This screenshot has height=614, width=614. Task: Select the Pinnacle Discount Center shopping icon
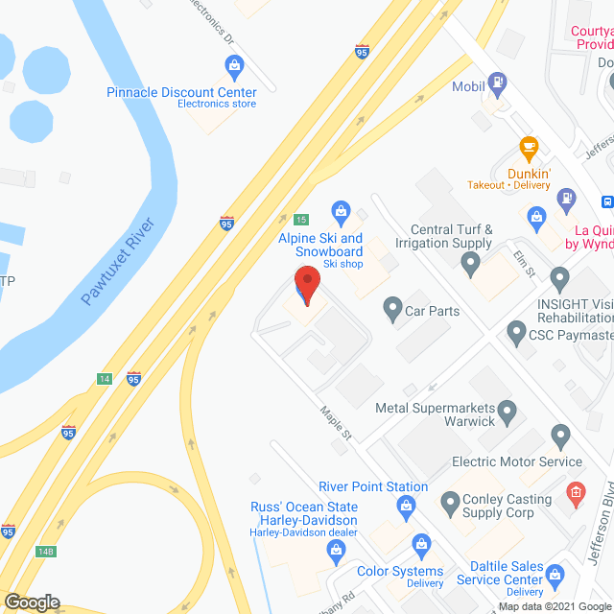click(234, 66)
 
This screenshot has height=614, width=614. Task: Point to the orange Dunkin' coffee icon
click(527, 148)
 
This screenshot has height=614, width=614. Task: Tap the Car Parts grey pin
click(391, 310)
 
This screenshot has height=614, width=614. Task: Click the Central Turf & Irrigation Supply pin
click(470, 266)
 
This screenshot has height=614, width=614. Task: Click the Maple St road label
click(336, 422)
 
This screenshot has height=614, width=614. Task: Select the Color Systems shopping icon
click(420, 546)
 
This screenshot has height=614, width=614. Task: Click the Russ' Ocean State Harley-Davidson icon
click(336, 549)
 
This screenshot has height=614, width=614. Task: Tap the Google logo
click(32, 602)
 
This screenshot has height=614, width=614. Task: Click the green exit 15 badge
click(301, 220)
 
